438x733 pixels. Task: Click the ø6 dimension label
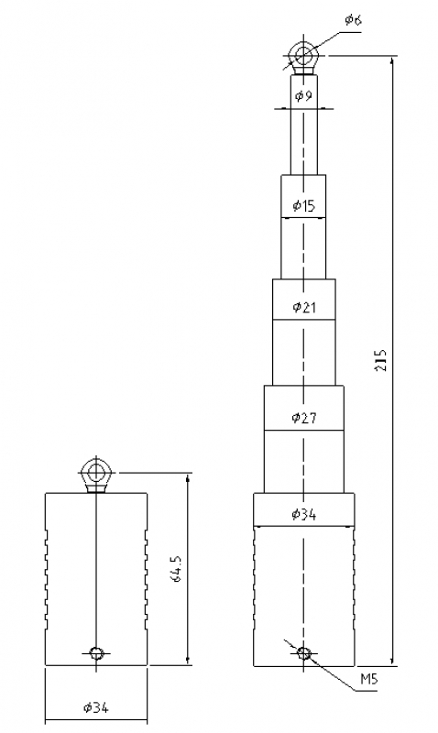(353, 19)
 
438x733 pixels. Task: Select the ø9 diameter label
(304, 96)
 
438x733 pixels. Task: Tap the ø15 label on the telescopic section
(304, 205)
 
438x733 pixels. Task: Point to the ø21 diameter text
(304, 307)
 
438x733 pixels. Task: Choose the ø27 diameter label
(304, 417)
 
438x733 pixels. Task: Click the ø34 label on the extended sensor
(304, 515)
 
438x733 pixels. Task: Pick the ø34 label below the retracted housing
(96, 707)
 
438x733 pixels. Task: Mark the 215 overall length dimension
(382, 360)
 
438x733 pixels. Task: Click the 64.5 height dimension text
(178, 569)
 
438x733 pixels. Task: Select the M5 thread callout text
(368, 679)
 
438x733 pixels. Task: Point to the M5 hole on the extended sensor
(304, 652)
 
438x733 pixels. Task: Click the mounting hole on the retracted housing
(96, 652)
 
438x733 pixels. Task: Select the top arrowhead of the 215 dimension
(391, 61)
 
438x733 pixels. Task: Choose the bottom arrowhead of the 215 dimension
(391, 659)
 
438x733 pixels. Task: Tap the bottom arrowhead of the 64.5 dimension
(188, 659)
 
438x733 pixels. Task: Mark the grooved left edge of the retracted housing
(47, 578)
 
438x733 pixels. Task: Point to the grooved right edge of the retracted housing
(146, 578)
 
